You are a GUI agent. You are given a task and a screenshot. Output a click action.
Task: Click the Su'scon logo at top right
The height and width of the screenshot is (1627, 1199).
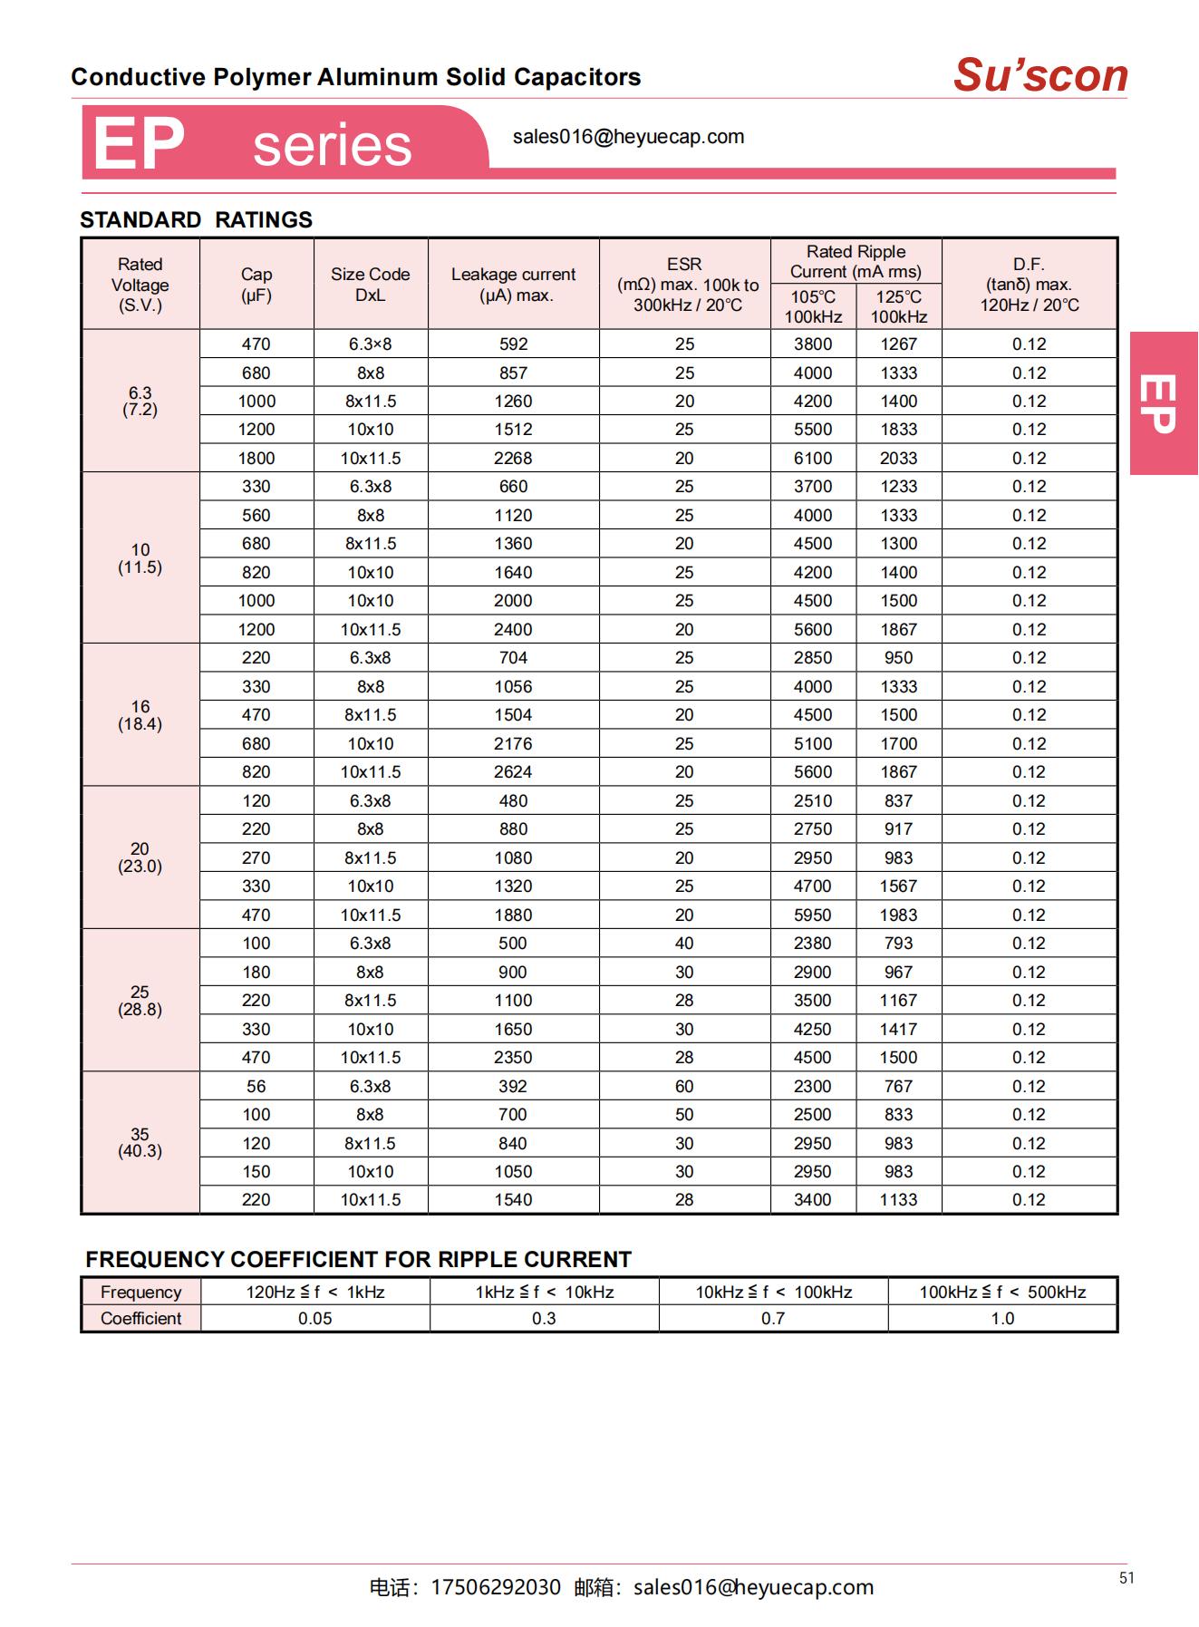pyautogui.click(x=1039, y=75)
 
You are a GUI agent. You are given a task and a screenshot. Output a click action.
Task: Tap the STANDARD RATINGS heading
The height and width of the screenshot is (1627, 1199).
pyautogui.click(x=196, y=220)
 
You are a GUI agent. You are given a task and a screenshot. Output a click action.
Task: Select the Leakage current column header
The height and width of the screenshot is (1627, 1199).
pyautogui.click(x=513, y=285)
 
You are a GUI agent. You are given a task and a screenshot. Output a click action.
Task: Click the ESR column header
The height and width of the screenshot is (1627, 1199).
pyautogui.click(x=684, y=284)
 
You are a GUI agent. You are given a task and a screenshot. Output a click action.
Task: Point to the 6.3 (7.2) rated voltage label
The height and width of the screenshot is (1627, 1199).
pyautogui.click(x=140, y=401)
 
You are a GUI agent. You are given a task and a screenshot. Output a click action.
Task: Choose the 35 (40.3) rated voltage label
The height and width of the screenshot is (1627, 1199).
pyautogui.click(x=140, y=1142)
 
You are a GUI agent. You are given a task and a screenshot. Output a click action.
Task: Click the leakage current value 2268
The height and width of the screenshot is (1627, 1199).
pyautogui.click(x=513, y=459)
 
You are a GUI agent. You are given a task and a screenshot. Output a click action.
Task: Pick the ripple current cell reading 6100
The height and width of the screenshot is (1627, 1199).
pyautogui.click(x=813, y=459)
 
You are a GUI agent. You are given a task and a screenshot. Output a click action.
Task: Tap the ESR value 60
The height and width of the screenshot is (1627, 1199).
pyautogui.click(x=684, y=1086)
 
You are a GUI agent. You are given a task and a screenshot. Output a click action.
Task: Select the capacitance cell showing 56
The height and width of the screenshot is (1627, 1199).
pyautogui.click(x=256, y=1086)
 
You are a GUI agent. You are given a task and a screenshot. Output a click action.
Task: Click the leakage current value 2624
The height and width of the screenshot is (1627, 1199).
pyautogui.click(x=513, y=772)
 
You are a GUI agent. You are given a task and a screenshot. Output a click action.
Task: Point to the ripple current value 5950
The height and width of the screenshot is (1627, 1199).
pyautogui.click(x=813, y=915)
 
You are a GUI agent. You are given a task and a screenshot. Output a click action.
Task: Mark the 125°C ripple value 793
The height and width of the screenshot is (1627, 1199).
pyautogui.click(x=898, y=944)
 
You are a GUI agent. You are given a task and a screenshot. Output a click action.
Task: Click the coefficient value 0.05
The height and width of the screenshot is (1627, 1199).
pyautogui.click(x=314, y=1319)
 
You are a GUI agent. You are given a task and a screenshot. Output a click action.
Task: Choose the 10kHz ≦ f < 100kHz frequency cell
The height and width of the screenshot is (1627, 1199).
pyautogui.click(x=773, y=1293)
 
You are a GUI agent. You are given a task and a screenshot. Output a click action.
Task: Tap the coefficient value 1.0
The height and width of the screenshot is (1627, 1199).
pyautogui.click(x=1002, y=1319)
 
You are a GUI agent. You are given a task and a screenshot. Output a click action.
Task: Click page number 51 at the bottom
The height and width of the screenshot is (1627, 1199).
pyautogui.click(x=1126, y=1578)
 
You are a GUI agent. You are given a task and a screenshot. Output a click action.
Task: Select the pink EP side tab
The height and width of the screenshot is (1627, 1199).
pyautogui.click(x=1164, y=403)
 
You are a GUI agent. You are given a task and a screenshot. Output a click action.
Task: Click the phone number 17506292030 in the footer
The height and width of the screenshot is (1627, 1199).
pyautogui.click(x=495, y=1587)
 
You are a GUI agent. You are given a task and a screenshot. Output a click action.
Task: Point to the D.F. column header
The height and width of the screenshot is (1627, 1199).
pyautogui.click(x=1029, y=284)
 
